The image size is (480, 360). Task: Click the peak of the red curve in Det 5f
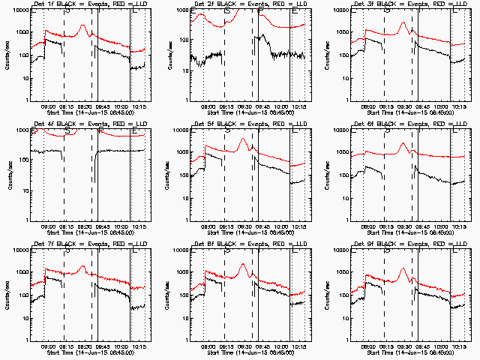pyautogui.click(x=243, y=139)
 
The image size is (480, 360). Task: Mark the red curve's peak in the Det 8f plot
pyautogui.click(x=243, y=264)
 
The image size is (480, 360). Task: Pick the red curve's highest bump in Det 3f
pyautogui.click(x=403, y=23)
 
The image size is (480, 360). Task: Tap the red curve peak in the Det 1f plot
pyautogui.click(x=83, y=26)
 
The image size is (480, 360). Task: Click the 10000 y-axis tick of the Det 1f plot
pyautogui.click(x=20, y=10)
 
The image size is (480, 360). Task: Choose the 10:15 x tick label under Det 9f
pyautogui.click(x=459, y=346)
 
